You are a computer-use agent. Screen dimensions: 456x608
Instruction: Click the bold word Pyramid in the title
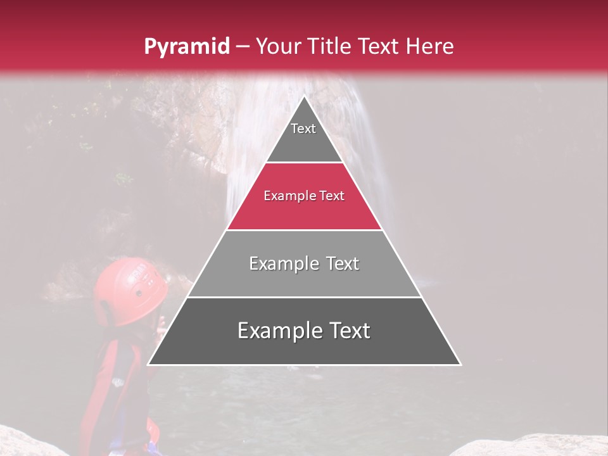pos(186,46)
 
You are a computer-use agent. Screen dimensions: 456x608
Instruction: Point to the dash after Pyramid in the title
pos(243,47)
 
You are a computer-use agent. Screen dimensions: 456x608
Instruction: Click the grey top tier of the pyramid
pos(304,142)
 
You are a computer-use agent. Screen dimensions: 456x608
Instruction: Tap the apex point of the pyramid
pos(305,96)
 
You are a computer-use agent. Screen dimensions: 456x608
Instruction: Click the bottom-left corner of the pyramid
pos(149,364)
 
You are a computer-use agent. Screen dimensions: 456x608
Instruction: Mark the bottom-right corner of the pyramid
pos(460,364)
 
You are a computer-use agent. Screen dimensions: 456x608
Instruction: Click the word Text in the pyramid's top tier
pos(303,129)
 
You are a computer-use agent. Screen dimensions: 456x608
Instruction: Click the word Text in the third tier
pos(343,263)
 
